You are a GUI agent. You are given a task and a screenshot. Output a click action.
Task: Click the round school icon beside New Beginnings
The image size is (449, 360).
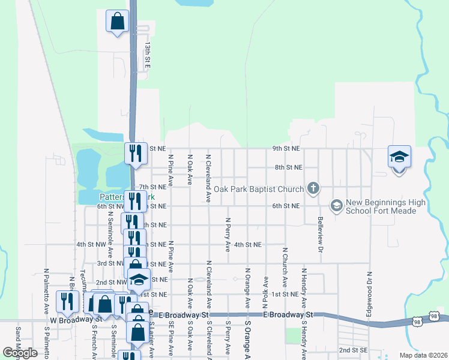[x=336, y=206]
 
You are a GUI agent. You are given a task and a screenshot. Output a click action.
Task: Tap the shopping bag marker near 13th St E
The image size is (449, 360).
[x=118, y=21]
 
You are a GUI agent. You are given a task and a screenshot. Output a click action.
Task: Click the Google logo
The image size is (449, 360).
[x=20, y=352]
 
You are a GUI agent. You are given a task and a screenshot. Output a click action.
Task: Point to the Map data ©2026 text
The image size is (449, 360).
[x=423, y=355]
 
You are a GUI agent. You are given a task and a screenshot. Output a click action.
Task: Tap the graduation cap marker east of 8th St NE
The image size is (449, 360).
[x=399, y=157]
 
